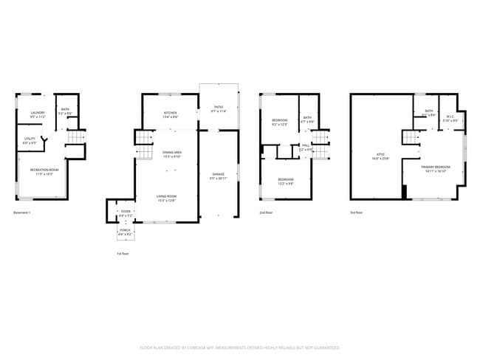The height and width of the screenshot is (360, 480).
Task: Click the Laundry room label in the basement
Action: [x=38, y=114]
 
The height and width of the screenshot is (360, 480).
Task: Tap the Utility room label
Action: [x=30, y=140]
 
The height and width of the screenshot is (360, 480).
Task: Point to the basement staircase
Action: [x=75, y=137]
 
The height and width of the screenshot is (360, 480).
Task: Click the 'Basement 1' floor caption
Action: [x=22, y=212]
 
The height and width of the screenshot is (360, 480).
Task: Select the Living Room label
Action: [x=166, y=197]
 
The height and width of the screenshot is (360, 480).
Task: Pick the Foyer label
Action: [x=126, y=212]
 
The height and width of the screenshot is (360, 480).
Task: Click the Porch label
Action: [x=125, y=232]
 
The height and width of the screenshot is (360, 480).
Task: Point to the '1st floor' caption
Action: [x=123, y=253]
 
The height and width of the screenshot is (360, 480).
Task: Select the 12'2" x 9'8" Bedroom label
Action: [x=286, y=181]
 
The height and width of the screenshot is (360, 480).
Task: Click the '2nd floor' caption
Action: [x=266, y=212]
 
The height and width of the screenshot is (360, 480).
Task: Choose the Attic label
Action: [x=378, y=156]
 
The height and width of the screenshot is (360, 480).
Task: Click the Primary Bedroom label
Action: [x=436, y=169]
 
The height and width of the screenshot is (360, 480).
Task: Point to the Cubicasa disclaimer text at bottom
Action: [x=240, y=347]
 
